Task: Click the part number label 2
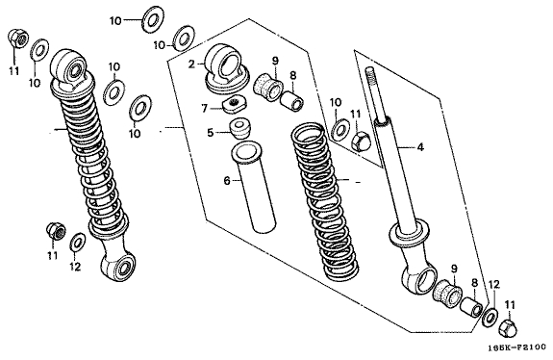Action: tap(191, 64)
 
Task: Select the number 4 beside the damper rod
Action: tap(420, 147)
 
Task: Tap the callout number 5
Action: tap(211, 133)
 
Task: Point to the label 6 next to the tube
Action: tap(227, 181)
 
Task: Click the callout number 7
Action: tap(204, 109)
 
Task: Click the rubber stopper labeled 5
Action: tap(239, 129)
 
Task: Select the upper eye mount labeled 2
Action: tap(227, 69)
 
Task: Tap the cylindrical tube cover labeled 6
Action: tap(254, 187)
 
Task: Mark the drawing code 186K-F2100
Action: tap(517, 348)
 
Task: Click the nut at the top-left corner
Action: tap(17, 38)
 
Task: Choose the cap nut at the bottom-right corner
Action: tap(508, 327)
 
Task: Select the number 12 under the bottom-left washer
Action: tap(75, 267)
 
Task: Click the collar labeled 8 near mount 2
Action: tap(291, 101)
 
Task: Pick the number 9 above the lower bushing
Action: tap(454, 269)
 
